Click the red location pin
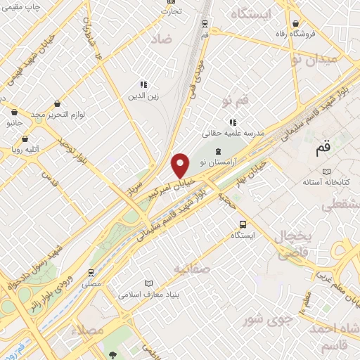(181, 165)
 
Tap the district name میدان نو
(324, 60)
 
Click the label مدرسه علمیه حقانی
(233, 132)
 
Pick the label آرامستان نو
(218, 162)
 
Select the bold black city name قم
(323, 149)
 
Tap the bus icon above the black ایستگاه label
(243, 225)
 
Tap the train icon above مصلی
(91, 272)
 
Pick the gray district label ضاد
(160, 40)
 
